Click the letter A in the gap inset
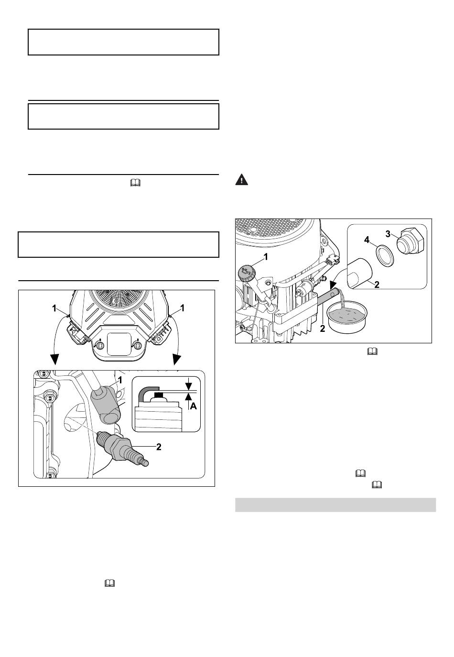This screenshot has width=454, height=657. click(x=193, y=406)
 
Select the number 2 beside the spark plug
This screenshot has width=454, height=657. click(x=159, y=447)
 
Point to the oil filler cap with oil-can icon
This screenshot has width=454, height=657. click(x=246, y=274)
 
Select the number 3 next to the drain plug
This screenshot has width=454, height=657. click(x=388, y=233)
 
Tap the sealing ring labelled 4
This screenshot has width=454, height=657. click(x=383, y=254)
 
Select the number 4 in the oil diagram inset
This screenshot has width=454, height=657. click(x=367, y=240)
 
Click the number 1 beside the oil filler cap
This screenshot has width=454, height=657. click(x=266, y=257)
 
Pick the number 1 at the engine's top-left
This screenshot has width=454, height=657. click(x=55, y=309)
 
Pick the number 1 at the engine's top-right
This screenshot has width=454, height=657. click(x=183, y=309)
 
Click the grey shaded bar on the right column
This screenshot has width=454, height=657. click(x=335, y=505)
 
